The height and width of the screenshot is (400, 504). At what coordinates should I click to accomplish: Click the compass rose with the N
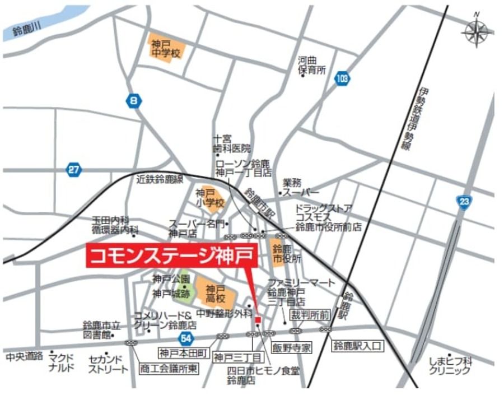point(477,30)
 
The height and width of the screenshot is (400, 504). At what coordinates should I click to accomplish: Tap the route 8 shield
point(133,101)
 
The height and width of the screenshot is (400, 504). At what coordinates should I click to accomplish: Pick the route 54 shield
point(186,337)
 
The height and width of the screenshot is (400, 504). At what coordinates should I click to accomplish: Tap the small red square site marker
point(258,320)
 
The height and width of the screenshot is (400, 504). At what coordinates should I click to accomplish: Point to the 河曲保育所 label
point(311,64)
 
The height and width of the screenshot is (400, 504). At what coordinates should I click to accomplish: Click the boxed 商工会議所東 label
point(168,369)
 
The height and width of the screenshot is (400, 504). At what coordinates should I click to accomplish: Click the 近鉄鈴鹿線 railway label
point(160,179)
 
